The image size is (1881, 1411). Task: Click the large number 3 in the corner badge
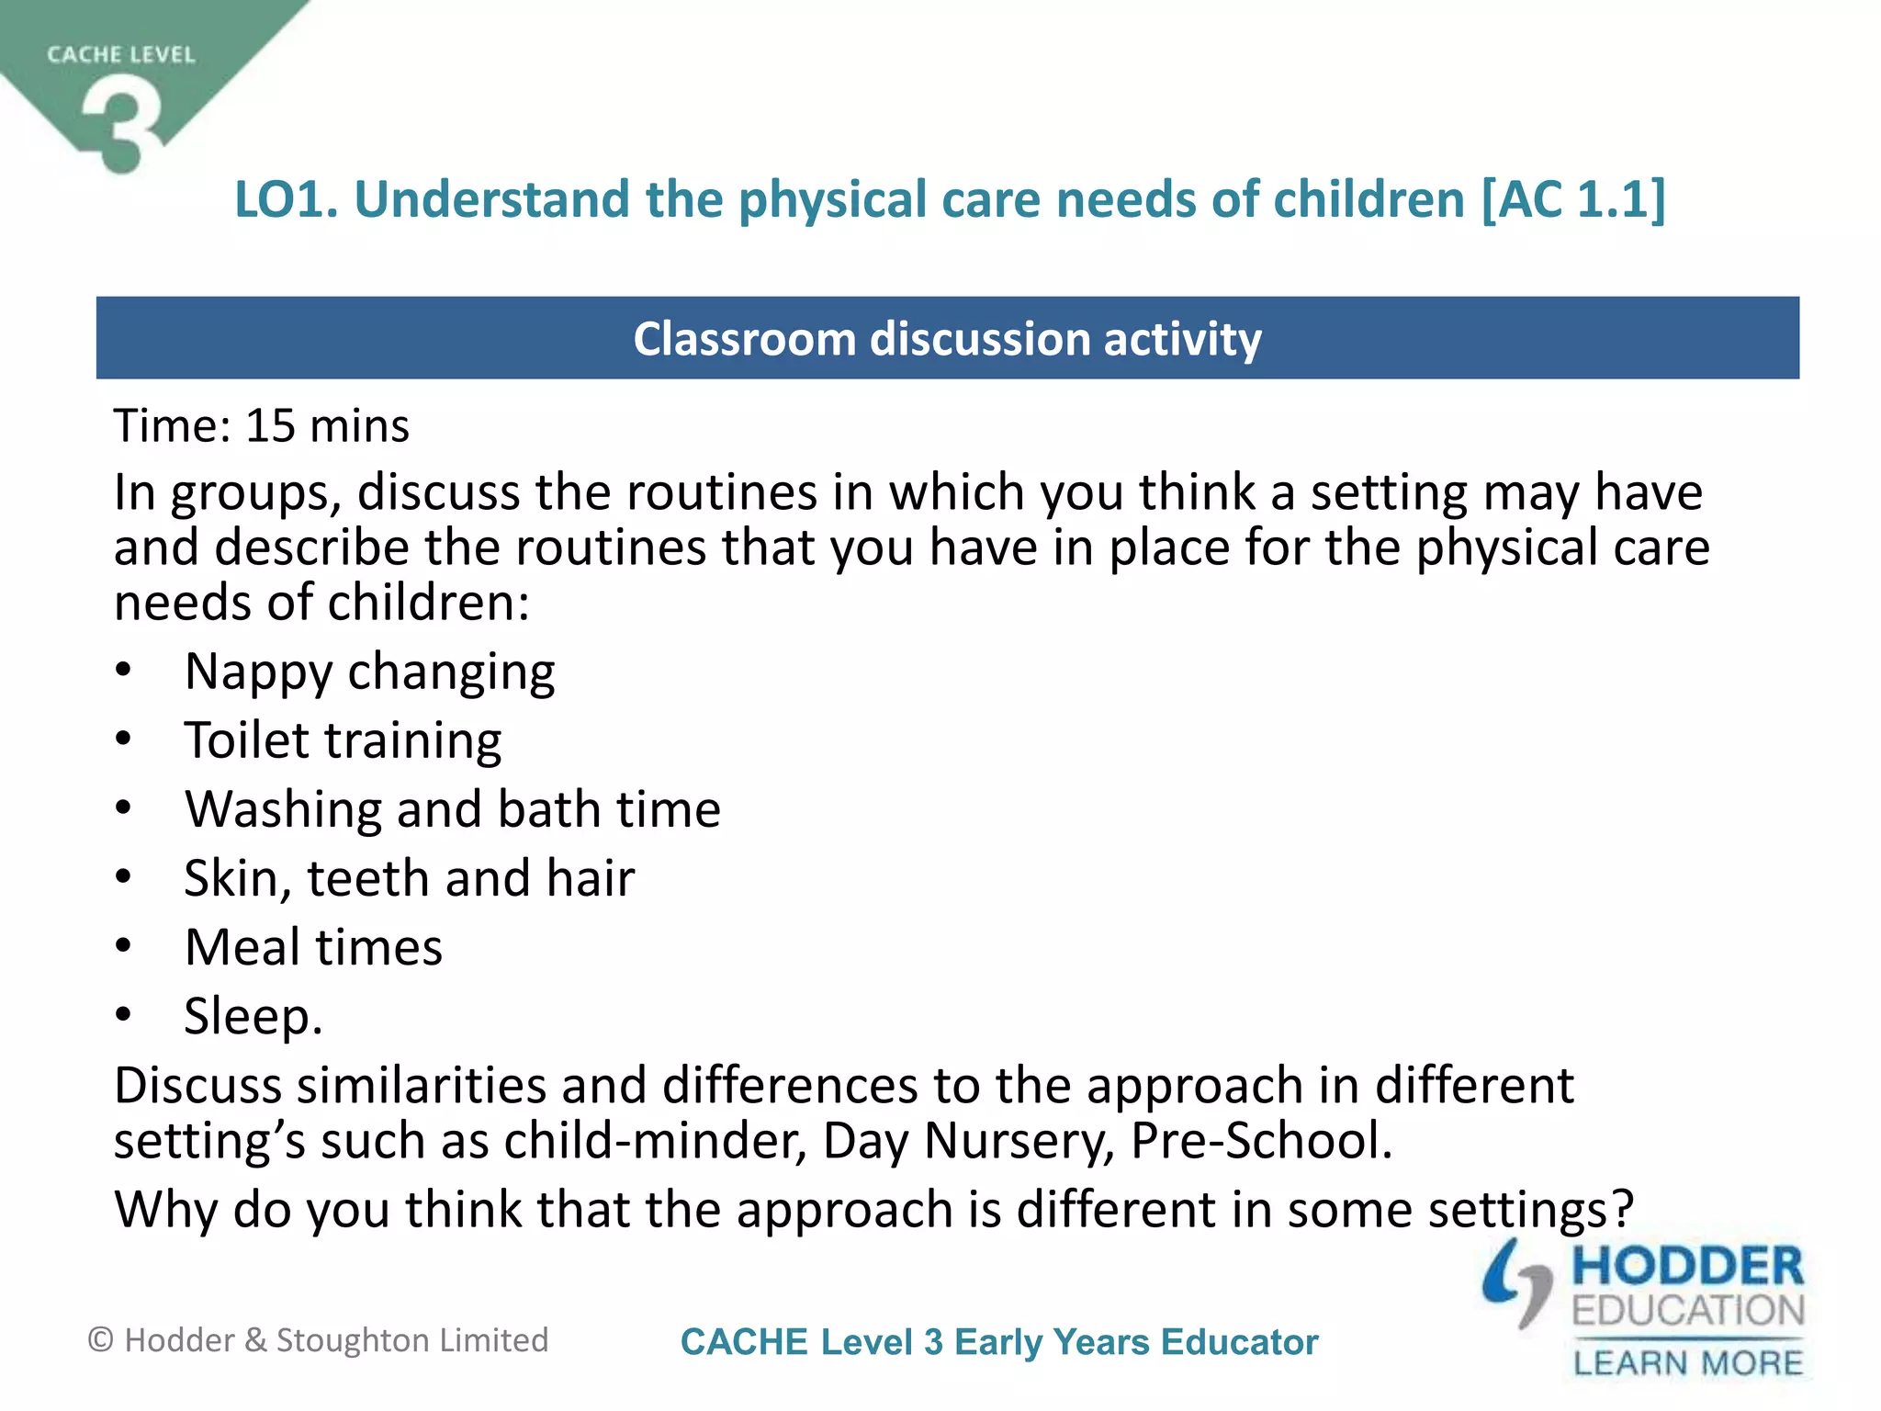122,124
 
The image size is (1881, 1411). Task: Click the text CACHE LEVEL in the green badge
121,55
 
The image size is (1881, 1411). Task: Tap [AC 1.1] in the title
1573,199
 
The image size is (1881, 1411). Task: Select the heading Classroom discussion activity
947,339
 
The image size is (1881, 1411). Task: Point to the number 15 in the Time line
270,426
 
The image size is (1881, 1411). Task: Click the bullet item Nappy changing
369,672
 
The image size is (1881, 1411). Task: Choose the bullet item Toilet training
343,740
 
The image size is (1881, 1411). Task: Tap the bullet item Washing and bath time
453,809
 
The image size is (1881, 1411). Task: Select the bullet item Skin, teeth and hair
409,878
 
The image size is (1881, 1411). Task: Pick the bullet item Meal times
313,947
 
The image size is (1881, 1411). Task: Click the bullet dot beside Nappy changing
124,671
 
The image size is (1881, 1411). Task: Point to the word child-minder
655,1141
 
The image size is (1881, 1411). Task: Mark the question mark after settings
1624,1209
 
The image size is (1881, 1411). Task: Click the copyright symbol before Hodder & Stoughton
100,1340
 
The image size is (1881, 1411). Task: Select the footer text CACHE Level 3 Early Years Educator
999,1342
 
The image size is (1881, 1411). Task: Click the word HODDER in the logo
1688,1267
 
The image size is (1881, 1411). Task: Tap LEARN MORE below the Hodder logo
1688,1363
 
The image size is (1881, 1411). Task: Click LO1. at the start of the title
287,199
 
